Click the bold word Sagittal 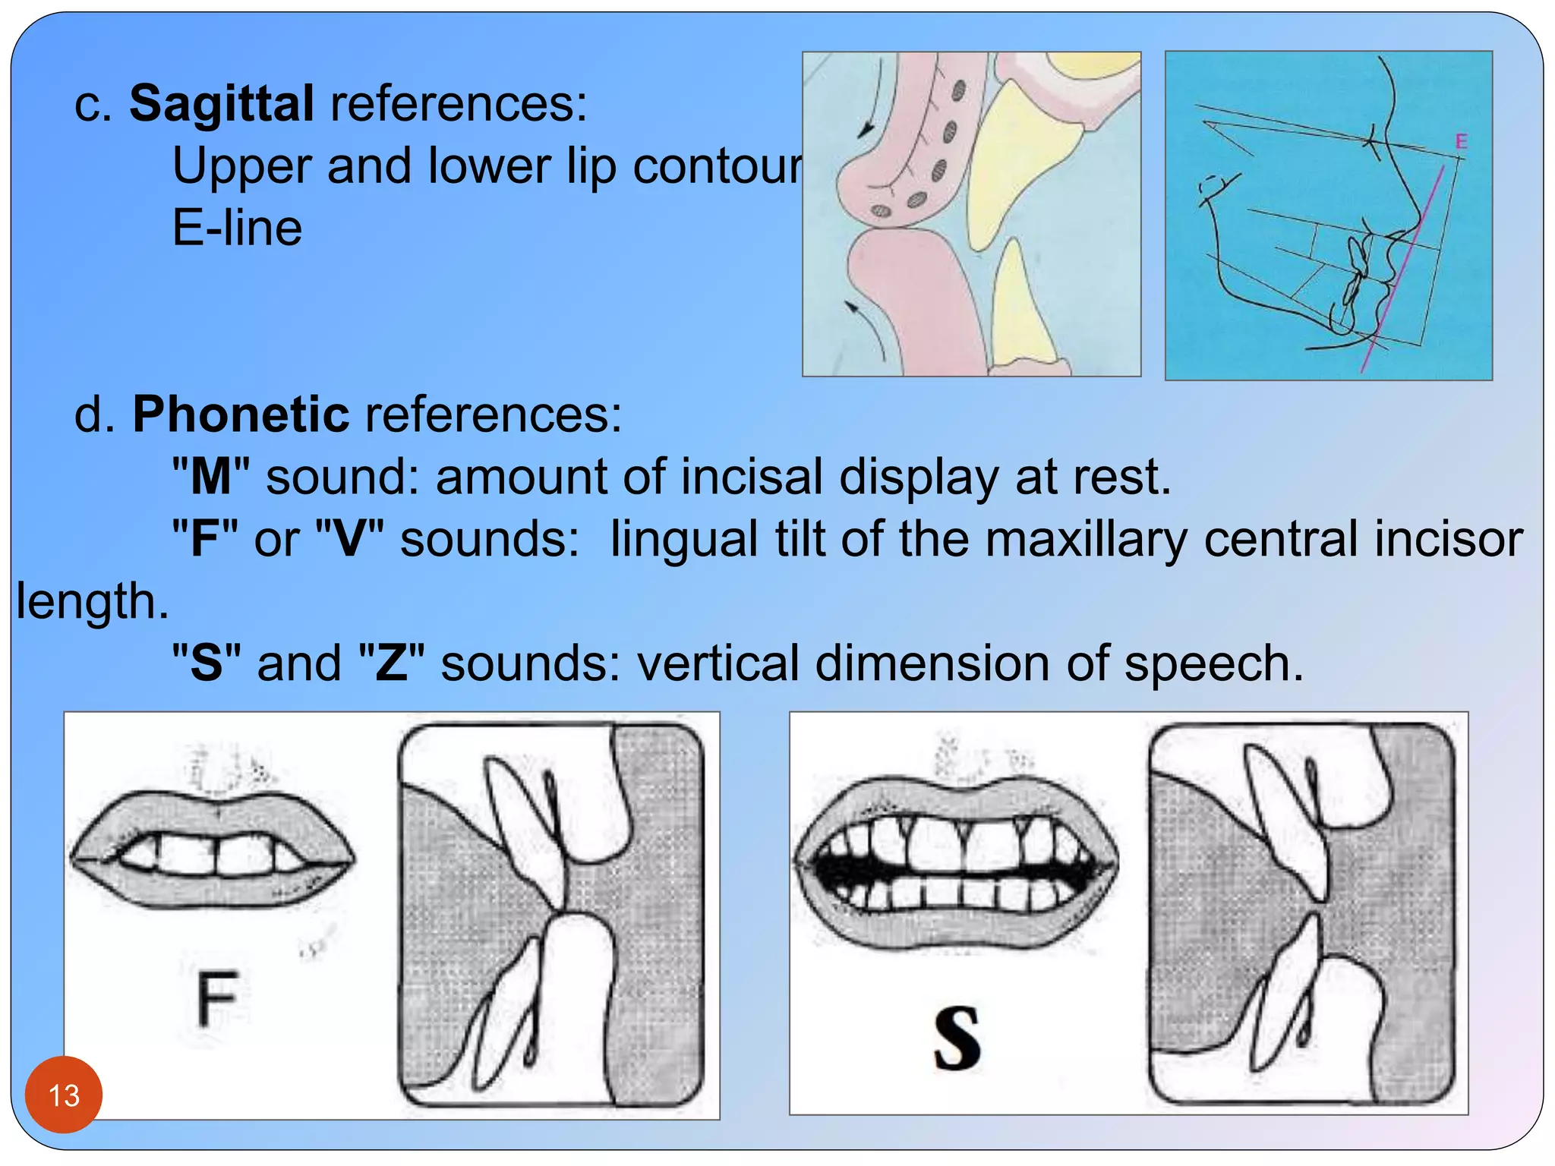pos(221,103)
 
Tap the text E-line pos(237,228)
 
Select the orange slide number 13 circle pos(64,1095)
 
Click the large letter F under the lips pos(217,998)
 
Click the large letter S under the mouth pos(957,1038)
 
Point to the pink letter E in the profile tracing pos(1461,141)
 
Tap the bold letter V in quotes pos(349,539)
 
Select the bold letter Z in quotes pos(391,663)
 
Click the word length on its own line pos(91,601)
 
